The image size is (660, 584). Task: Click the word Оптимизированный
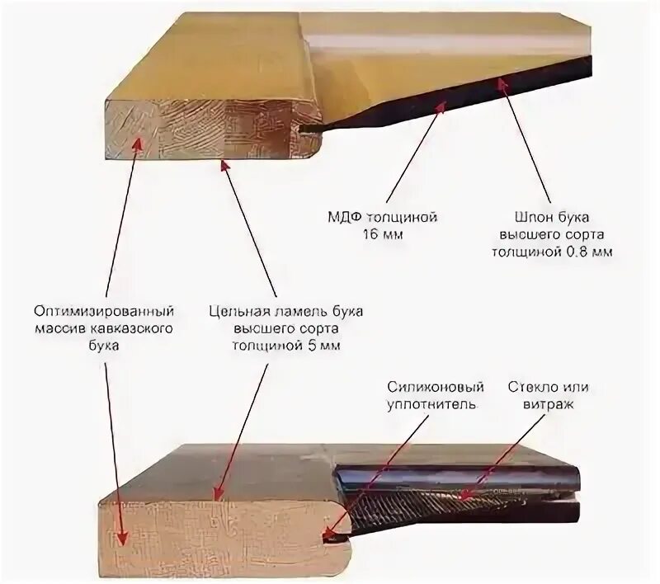pyautogui.click(x=105, y=313)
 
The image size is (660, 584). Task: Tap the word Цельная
pyautogui.click(x=240, y=313)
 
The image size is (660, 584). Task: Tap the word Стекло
pyautogui.click(x=528, y=388)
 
